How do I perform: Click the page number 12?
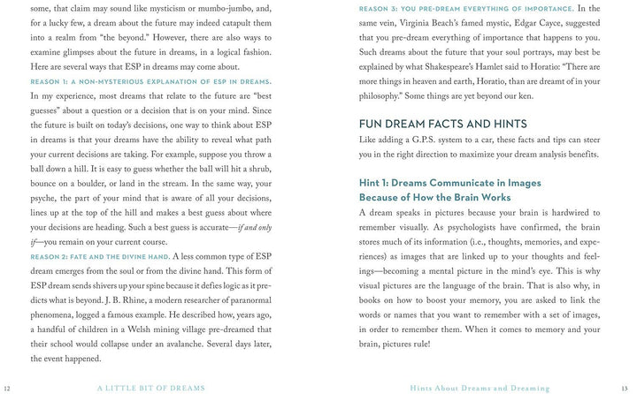pyautogui.click(x=7, y=388)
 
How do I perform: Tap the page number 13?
pyautogui.click(x=627, y=388)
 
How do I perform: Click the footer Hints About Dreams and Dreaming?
pyautogui.click(x=480, y=388)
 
